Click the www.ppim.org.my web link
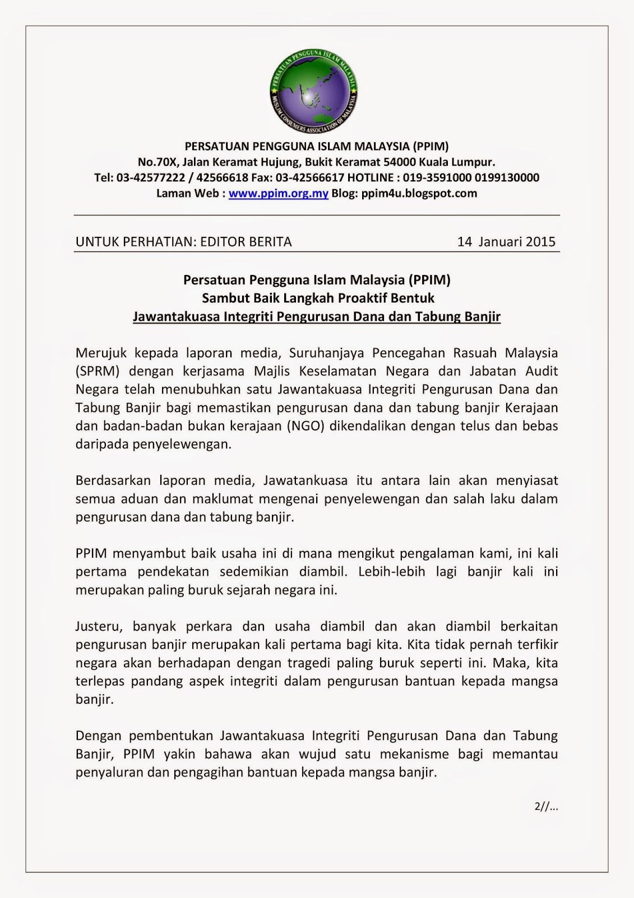click(x=278, y=194)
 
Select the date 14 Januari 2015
click(x=506, y=242)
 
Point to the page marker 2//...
click(x=547, y=807)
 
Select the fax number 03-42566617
click(x=309, y=178)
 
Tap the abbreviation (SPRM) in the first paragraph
click(x=96, y=371)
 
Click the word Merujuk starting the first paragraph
click(x=101, y=353)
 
